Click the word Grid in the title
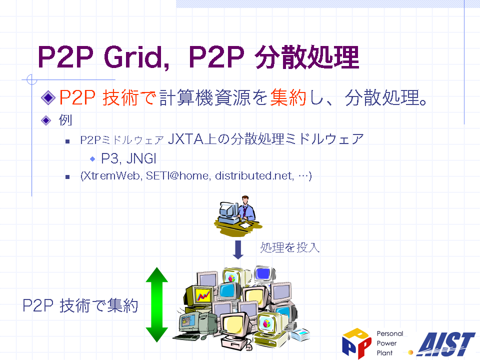point(136,57)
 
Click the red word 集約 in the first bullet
point(288,97)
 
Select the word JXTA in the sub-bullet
point(186,139)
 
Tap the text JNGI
point(141,158)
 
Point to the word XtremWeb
point(112,175)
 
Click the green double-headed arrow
point(156,304)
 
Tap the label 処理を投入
point(290,247)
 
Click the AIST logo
point(445,344)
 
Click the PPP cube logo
point(356,343)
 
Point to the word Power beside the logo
point(386,343)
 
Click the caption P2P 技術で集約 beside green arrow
point(80,305)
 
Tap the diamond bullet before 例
point(46,120)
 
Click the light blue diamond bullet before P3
point(92,159)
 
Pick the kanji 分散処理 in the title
point(307,57)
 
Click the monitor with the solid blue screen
point(264,274)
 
